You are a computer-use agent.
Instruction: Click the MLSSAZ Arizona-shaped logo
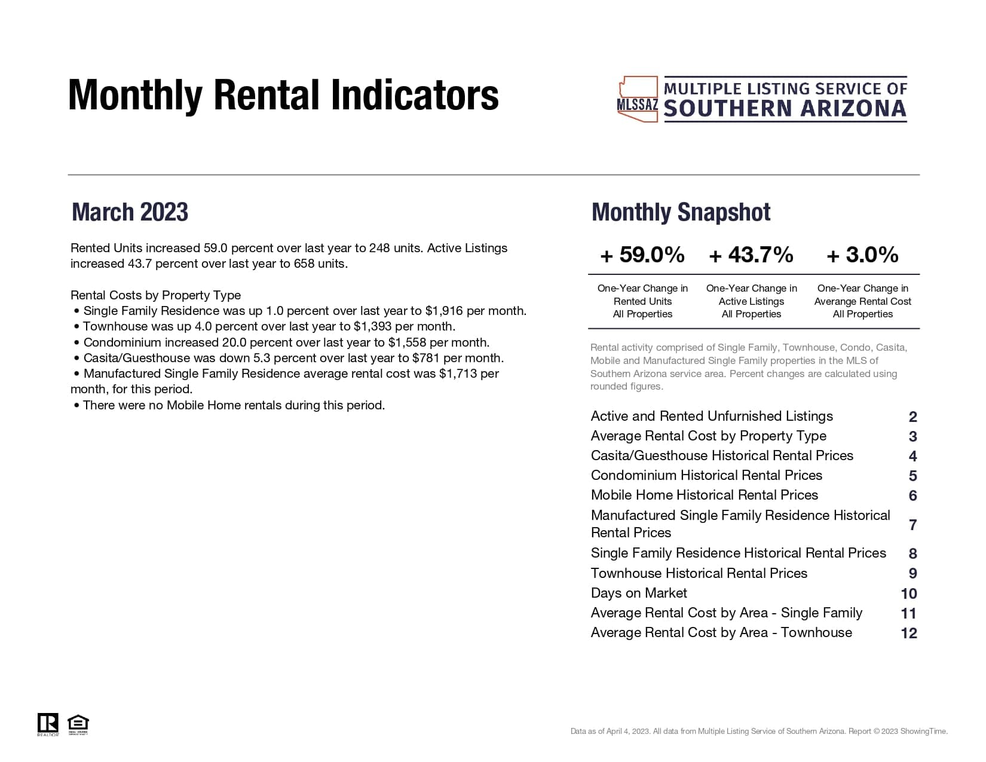pos(637,99)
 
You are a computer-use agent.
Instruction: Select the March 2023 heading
pos(130,212)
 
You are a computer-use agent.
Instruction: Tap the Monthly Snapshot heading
pos(681,212)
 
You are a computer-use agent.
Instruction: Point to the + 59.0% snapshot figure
pos(642,255)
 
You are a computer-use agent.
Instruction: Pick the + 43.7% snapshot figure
pos(751,255)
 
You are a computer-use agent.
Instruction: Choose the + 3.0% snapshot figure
pos(862,255)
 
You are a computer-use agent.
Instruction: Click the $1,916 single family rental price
pos(444,311)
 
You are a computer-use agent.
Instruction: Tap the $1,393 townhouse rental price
pos(372,326)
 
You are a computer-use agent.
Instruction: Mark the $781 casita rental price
pos(426,358)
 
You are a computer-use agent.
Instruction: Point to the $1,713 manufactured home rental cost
pos(458,374)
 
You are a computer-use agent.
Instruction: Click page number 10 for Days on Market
pos(908,593)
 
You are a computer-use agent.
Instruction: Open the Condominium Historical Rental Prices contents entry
pos(706,475)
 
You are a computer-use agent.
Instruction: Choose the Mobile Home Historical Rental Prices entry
pos(704,495)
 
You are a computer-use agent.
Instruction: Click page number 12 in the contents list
pos(908,633)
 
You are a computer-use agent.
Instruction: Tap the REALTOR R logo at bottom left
pos(48,723)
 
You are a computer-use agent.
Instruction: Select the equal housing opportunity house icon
pos(78,723)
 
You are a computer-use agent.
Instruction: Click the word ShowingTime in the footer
pos(923,731)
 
